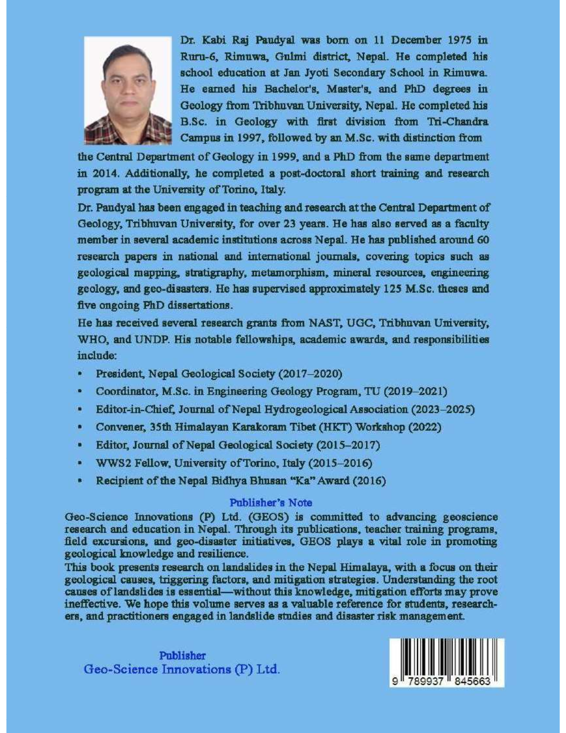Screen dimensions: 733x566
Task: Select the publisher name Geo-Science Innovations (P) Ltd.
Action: [182, 669]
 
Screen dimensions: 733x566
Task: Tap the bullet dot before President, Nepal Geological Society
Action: [80, 374]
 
